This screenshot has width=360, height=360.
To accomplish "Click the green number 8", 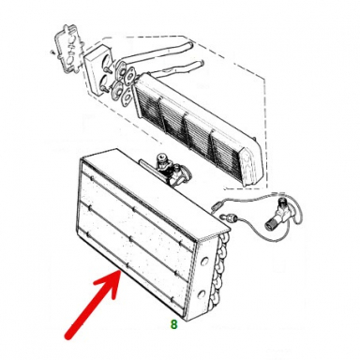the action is point(173,324).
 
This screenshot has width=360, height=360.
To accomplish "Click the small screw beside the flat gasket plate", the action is point(52,52).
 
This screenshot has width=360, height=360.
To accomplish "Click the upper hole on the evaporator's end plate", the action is point(204,262).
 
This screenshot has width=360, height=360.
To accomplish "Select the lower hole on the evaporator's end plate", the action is point(202,293).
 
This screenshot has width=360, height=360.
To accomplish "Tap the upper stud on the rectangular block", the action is point(107,67).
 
